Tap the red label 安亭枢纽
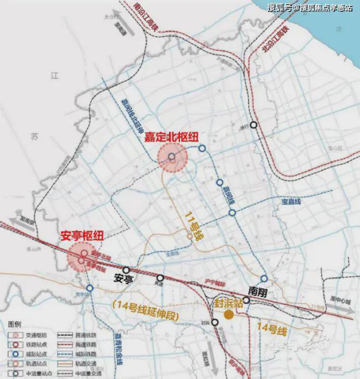coord(81,237)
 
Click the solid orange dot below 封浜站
coord(230,314)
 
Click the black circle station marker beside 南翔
coord(247,300)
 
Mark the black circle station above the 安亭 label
coord(127,270)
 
